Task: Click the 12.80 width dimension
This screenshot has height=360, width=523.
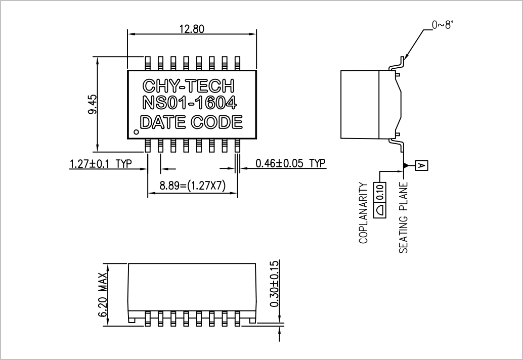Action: [192, 29]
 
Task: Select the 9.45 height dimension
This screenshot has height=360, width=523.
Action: [93, 104]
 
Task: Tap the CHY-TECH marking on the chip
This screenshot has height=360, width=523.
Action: [189, 86]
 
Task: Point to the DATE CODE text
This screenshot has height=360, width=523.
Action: [191, 122]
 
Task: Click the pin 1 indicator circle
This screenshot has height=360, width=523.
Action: [136, 131]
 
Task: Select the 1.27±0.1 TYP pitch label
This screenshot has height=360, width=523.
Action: [101, 164]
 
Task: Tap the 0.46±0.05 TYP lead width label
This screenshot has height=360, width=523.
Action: [290, 163]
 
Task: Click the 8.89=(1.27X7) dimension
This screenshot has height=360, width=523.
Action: [192, 186]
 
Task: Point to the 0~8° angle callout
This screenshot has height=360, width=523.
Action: [443, 25]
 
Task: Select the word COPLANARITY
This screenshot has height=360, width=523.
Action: [363, 213]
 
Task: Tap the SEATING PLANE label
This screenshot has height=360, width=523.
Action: [403, 217]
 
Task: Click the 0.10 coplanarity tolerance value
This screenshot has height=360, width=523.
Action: [380, 192]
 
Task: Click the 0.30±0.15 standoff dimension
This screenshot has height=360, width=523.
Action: [274, 284]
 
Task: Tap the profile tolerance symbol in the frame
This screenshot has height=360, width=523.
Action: [380, 210]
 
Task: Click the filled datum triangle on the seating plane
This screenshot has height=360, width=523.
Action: [406, 165]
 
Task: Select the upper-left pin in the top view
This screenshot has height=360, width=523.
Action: [148, 63]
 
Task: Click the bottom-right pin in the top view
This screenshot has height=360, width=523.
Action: [238, 146]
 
